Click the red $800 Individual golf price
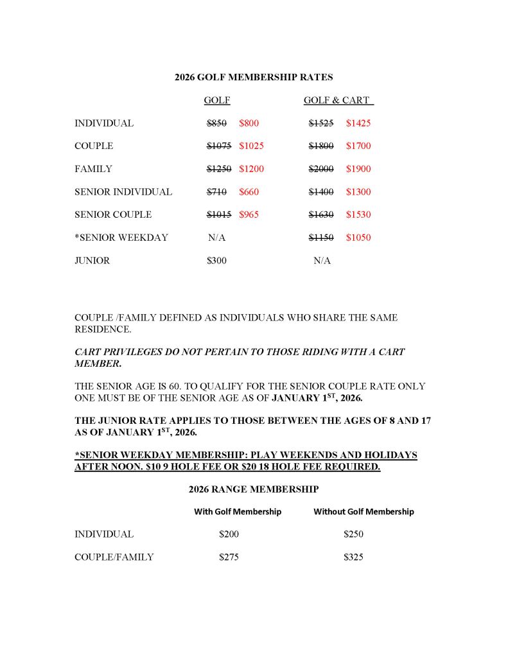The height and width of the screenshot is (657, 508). pyautogui.click(x=249, y=123)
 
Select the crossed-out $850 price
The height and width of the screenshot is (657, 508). pyautogui.click(x=216, y=123)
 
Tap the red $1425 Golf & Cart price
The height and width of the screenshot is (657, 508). pyautogui.click(x=358, y=123)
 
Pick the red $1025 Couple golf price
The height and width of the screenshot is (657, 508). pyautogui.click(x=251, y=146)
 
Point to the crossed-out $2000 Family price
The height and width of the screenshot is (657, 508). pyautogui.click(x=321, y=169)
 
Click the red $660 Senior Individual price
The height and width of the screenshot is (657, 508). pyautogui.click(x=249, y=192)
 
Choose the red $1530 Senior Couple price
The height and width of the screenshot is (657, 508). pyautogui.click(x=358, y=215)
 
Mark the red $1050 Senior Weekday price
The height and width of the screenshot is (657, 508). pyautogui.click(x=358, y=238)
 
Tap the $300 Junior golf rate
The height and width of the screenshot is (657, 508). pyautogui.click(x=216, y=261)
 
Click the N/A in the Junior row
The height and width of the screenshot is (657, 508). pyautogui.click(x=322, y=261)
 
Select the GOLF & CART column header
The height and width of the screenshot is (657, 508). pyautogui.click(x=338, y=100)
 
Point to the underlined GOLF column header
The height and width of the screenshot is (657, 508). pyautogui.click(x=217, y=100)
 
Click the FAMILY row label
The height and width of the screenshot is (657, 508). pyautogui.click(x=93, y=169)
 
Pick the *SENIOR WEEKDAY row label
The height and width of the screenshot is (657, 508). pyautogui.click(x=121, y=238)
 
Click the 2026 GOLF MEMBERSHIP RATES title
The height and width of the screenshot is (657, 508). pyautogui.click(x=254, y=77)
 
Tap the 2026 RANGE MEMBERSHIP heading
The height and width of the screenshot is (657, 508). pyautogui.click(x=254, y=489)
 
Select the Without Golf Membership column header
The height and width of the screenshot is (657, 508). pyautogui.click(x=363, y=512)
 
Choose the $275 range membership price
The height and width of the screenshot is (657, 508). pyautogui.click(x=229, y=557)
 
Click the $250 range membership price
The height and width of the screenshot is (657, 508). pyautogui.click(x=353, y=534)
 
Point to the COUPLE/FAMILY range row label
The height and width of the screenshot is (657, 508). pyautogui.click(x=114, y=557)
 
